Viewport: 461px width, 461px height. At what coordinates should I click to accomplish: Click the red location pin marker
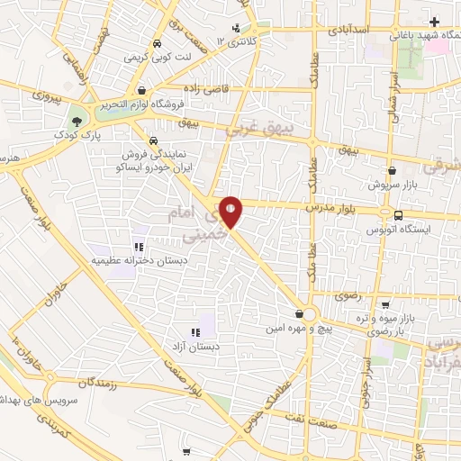[x=232, y=212]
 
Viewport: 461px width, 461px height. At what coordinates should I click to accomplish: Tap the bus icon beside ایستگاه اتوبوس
[x=397, y=214]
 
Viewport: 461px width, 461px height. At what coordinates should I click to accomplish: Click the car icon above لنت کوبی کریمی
[x=158, y=43]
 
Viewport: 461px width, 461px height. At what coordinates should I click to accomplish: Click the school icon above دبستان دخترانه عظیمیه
[x=138, y=246]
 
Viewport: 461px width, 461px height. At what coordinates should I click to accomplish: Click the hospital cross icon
[x=434, y=21]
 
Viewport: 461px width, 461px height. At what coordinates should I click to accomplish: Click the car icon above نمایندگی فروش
[x=153, y=141]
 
